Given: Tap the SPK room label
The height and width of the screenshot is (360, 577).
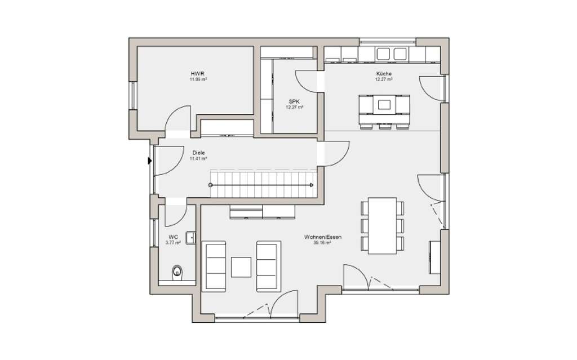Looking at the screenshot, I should (x=295, y=101).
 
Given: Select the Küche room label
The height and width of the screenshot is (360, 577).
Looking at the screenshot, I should (x=384, y=74).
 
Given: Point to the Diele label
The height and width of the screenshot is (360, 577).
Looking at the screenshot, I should (x=198, y=153).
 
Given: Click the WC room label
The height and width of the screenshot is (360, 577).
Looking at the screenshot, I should (x=173, y=237).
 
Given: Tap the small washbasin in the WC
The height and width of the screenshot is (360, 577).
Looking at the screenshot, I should (x=191, y=238).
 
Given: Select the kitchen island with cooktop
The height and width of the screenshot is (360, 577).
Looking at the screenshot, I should (x=384, y=104).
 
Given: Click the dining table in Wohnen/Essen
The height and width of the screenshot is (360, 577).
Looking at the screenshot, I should (x=382, y=225).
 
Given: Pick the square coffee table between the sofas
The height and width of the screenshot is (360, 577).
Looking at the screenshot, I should (x=241, y=267).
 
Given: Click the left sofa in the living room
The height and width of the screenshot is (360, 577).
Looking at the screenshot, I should (x=214, y=266).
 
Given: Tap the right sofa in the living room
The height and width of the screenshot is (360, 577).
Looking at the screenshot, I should (x=268, y=266).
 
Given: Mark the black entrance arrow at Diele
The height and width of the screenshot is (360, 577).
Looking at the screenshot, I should (x=150, y=161).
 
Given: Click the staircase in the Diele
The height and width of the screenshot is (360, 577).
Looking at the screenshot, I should (x=262, y=184).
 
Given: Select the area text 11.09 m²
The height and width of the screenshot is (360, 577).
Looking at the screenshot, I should (x=198, y=79).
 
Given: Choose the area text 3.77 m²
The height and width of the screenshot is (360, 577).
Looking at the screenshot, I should (x=173, y=243).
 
